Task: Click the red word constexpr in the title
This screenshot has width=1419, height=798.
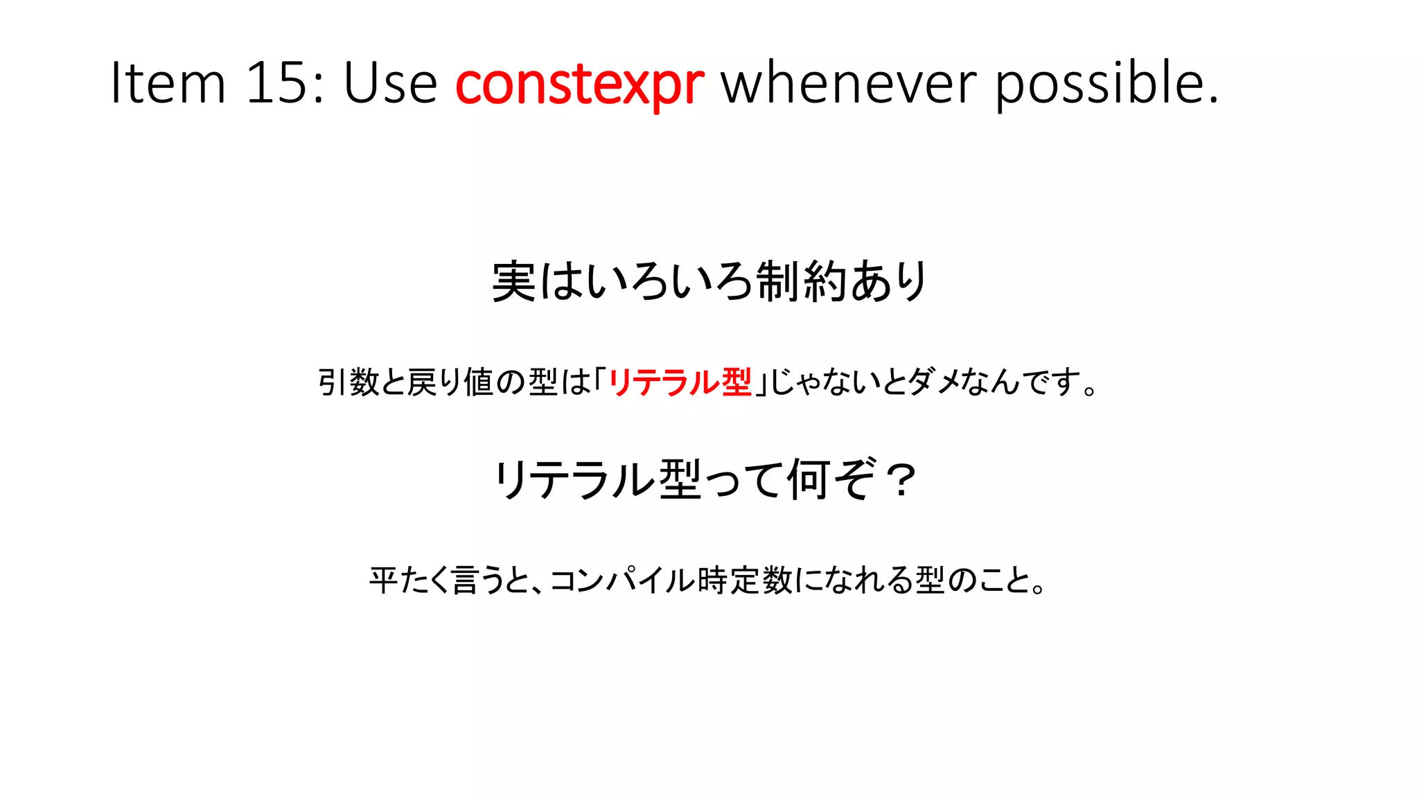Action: [x=579, y=84]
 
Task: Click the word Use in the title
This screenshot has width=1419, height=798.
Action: [x=390, y=84]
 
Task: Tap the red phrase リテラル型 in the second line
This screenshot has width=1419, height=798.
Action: [x=680, y=382]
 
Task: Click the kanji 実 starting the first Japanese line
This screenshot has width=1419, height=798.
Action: [x=514, y=281]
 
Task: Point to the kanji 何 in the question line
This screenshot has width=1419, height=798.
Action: [x=809, y=479]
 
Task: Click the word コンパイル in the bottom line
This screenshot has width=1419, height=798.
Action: [x=622, y=580]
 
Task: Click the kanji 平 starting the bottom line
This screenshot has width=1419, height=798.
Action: [x=383, y=580]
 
